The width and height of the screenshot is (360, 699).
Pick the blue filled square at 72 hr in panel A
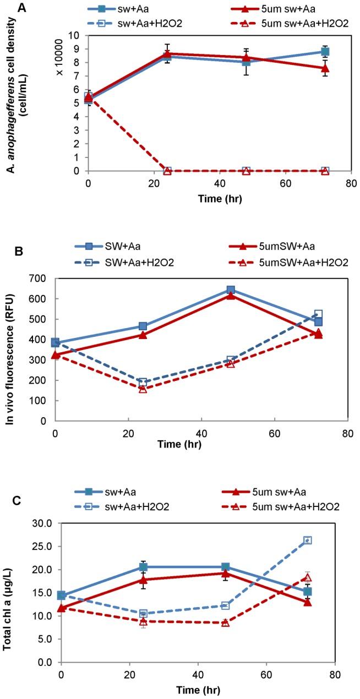(x=325, y=52)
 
